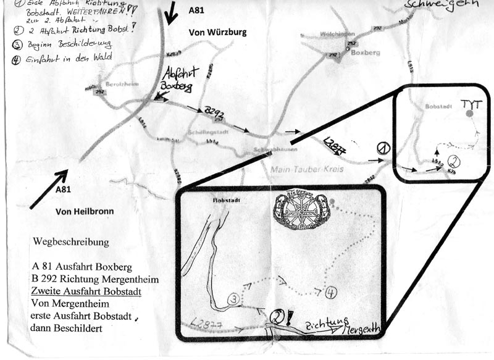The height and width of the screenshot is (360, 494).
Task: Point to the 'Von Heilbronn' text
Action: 85,211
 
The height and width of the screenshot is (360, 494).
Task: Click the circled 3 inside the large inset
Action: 234,299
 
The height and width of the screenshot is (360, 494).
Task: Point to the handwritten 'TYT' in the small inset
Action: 472,103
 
